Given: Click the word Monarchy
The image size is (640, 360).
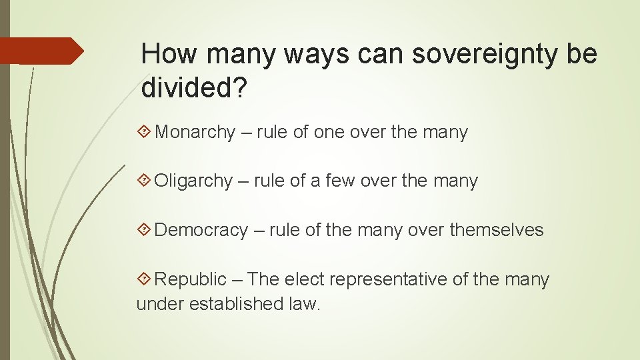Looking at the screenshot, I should [195, 133].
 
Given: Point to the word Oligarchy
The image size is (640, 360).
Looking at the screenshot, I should [193, 181].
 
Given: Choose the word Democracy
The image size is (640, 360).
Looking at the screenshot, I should [201, 231].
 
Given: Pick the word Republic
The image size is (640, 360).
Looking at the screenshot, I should [191, 279].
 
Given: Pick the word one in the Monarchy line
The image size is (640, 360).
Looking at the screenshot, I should [328, 133].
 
